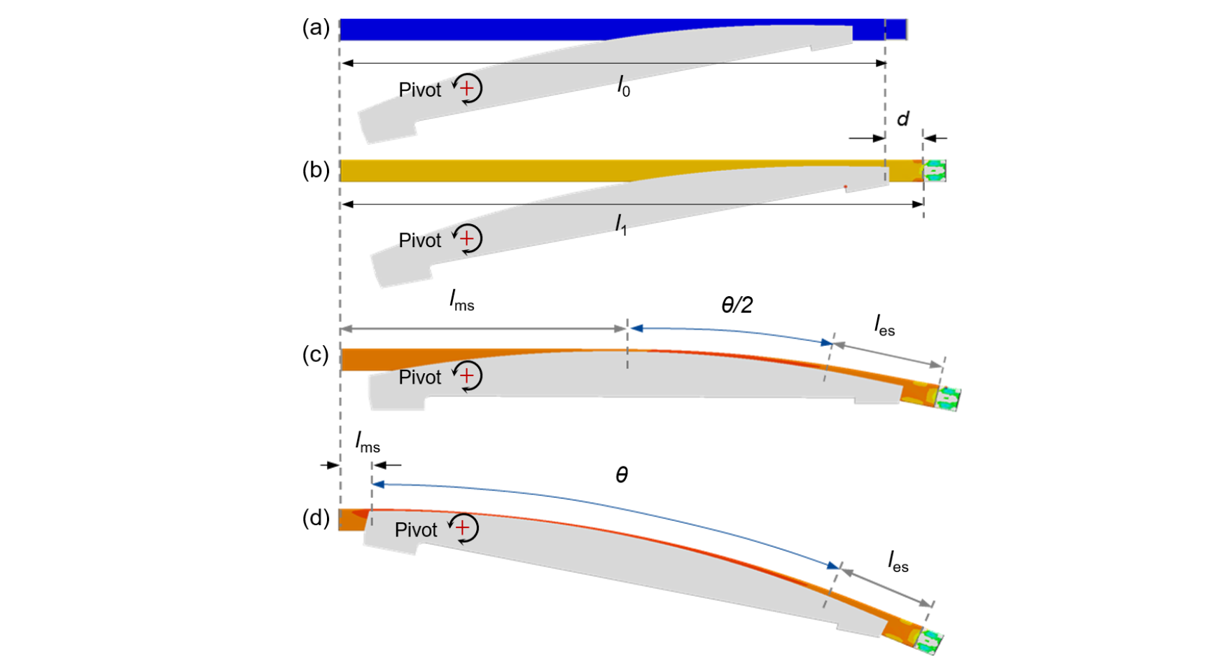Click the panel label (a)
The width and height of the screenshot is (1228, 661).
pos(316,28)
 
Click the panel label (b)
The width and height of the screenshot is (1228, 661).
pos(316,170)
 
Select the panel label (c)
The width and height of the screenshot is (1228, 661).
pos(316,355)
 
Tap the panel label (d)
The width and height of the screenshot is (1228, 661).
pos(316,518)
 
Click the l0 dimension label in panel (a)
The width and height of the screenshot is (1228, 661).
pos(623,86)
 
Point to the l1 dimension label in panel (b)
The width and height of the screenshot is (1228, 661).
pos(621,225)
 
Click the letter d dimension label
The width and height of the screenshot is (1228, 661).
pos(903,119)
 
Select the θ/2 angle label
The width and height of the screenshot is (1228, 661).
pos(737,305)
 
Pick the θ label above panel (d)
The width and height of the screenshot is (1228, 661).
pos(622,476)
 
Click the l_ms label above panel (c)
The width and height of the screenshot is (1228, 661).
pos(462,301)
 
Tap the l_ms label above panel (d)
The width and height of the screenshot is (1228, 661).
pos(368,443)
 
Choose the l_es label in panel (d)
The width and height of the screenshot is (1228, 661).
pos(898,562)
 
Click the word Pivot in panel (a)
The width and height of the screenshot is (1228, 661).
pos(420,90)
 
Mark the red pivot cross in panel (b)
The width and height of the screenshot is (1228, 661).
pos(467,239)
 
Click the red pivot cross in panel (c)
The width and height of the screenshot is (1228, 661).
pos(467,375)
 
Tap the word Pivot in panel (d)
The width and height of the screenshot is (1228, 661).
pos(416,530)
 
